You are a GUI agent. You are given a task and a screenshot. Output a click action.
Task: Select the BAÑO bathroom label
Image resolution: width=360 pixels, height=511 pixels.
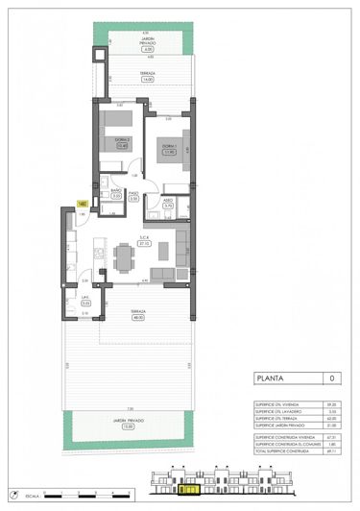coord(115,192)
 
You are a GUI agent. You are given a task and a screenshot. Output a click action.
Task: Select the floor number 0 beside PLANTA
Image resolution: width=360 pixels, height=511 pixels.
coord(331,378)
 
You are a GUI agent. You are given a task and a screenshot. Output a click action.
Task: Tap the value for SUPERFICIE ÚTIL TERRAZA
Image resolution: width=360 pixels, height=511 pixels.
coord(330,419)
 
